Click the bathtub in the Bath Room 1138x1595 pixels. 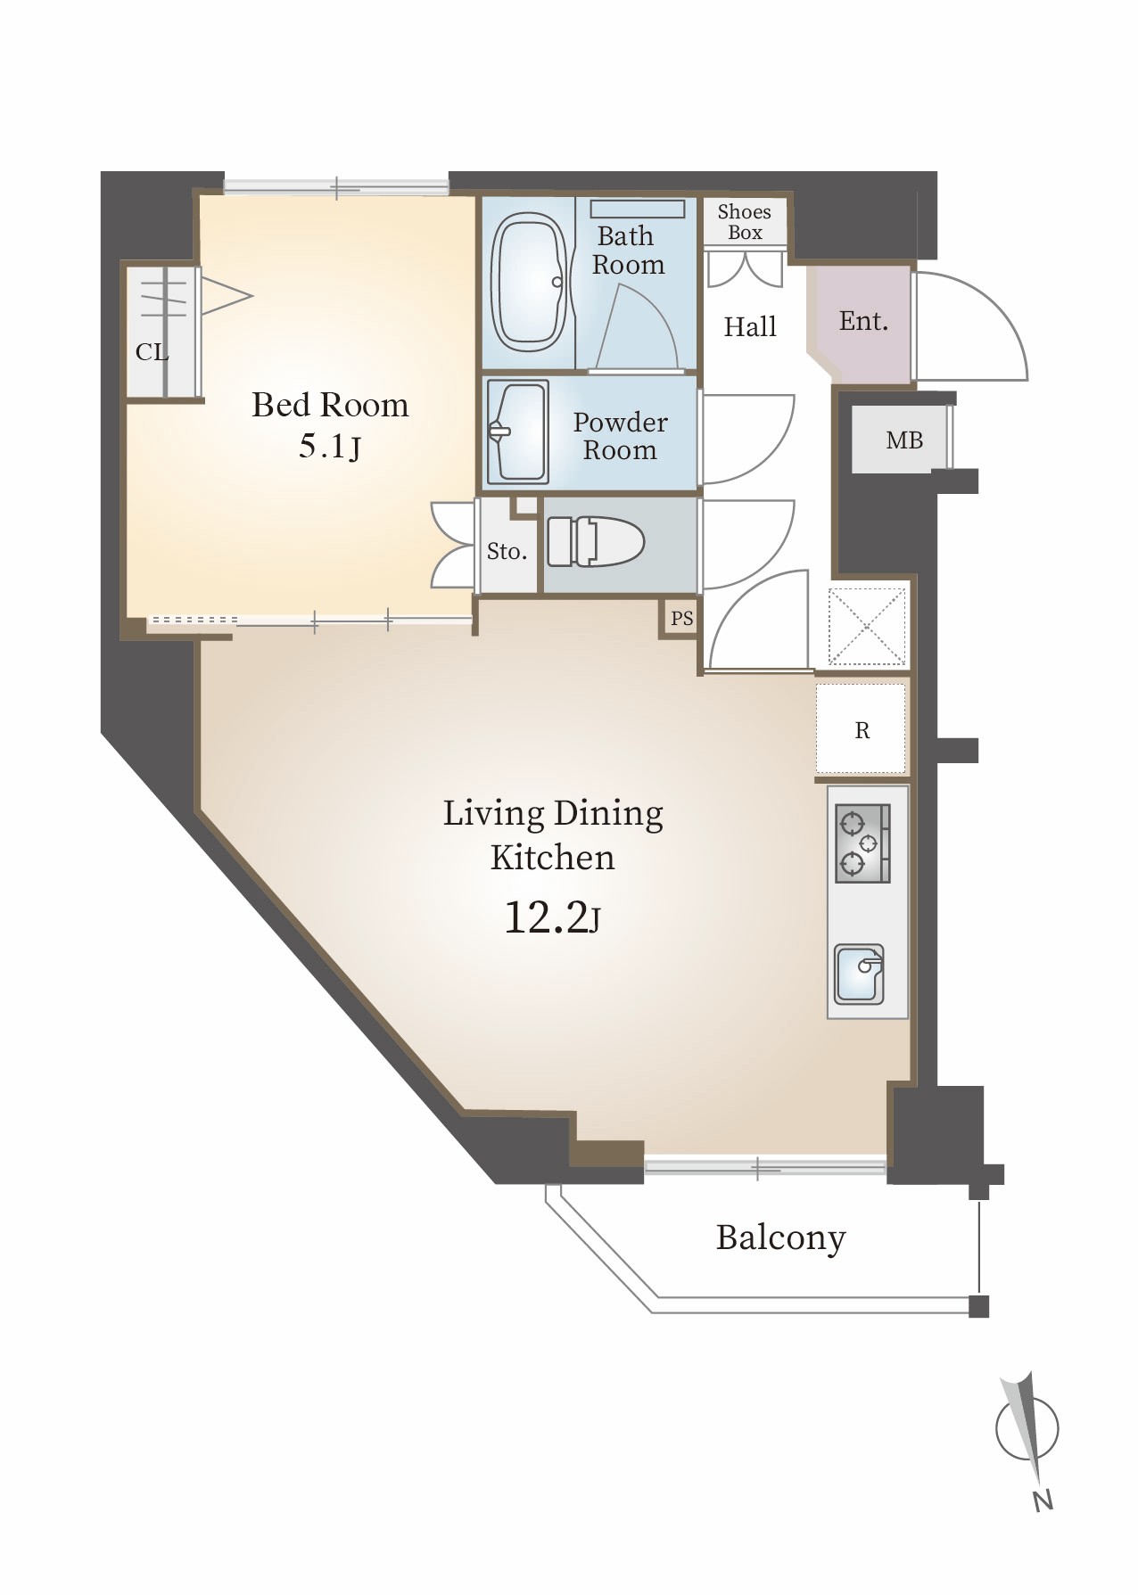[x=530, y=282]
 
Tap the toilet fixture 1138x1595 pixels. [x=595, y=541]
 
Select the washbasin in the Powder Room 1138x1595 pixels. [x=516, y=432]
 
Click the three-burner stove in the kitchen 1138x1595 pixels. [x=862, y=843]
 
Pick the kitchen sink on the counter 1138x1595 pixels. [x=859, y=974]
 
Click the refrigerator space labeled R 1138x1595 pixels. [x=861, y=729]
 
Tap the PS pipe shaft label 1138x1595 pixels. [x=681, y=618]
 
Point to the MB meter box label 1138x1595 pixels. [x=904, y=440]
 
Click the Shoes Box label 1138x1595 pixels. [x=744, y=222]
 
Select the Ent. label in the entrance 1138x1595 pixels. [x=863, y=321]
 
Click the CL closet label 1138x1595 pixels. [x=152, y=352]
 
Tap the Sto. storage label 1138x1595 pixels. [x=507, y=552]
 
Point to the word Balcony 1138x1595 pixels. [x=780, y=1238]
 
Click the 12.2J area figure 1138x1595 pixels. [x=552, y=917]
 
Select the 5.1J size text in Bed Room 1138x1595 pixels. [x=330, y=446]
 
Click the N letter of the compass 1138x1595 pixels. [x=1043, y=1500]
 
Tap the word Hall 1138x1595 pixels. [x=750, y=327]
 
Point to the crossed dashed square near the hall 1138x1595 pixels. [x=866, y=627]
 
